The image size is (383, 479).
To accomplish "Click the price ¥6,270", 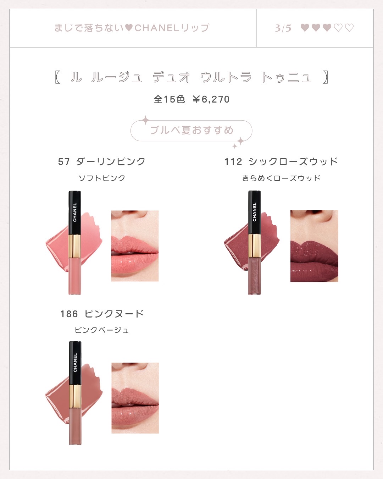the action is click(x=211, y=99).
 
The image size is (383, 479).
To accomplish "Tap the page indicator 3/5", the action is click(x=283, y=28).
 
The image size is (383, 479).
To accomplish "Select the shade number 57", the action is click(x=64, y=161).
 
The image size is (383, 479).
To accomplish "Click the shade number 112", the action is click(x=233, y=162).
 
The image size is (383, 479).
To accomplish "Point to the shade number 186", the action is click(x=69, y=314).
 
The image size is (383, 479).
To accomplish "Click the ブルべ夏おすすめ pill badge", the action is click(x=191, y=131).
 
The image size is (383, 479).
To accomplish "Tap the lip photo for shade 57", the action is click(x=135, y=246).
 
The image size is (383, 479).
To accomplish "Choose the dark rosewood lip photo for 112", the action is click(x=314, y=246).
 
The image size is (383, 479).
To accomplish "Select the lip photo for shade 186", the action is click(x=135, y=398).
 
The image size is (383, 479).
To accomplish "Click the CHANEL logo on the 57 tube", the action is click(x=75, y=212).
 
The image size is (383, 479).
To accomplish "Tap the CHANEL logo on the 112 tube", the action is click(x=254, y=212).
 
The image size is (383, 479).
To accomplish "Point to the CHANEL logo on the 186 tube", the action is click(x=75, y=363).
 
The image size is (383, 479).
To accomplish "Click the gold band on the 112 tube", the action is click(x=254, y=246).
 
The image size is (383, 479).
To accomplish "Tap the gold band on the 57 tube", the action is click(x=75, y=246).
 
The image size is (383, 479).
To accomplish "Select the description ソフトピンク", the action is click(x=102, y=178).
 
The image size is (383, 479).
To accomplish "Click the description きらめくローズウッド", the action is click(x=281, y=178).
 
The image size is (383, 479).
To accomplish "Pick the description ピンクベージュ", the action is click(x=102, y=330).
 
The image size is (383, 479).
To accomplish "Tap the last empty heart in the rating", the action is click(x=349, y=28).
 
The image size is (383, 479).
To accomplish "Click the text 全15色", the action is click(x=170, y=99).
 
